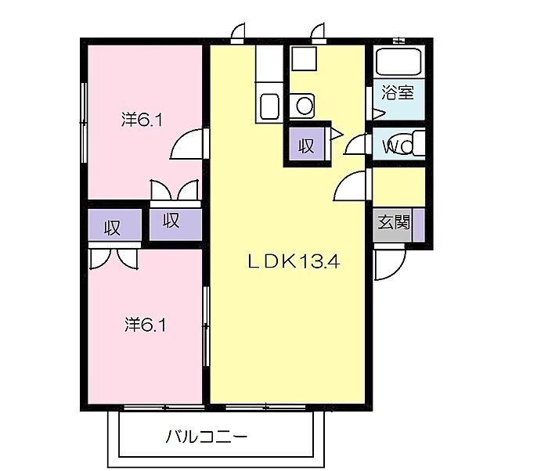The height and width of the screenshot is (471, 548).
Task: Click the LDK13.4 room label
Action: (294, 263)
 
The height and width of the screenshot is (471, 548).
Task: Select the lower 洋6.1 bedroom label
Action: (145, 323)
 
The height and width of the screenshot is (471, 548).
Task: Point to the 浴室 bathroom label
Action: (397, 92)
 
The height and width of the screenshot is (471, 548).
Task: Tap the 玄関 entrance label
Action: (394, 221)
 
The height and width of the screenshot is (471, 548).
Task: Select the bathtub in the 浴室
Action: (398, 62)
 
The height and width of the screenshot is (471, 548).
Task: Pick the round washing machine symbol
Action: (303, 103)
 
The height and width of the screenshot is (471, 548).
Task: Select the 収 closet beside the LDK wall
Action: (172, 221)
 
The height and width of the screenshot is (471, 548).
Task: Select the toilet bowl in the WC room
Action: (413, 145)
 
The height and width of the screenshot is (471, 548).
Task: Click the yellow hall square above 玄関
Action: (398, 186)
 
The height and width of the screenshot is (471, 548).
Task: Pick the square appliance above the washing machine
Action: (302, 58)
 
